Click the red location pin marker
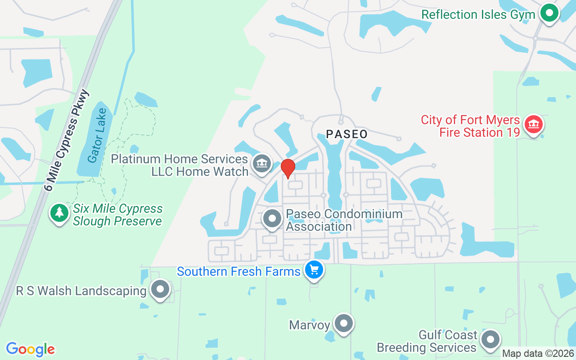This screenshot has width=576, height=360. tap(288, 168)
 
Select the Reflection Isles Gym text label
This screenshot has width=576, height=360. tap(478, 14)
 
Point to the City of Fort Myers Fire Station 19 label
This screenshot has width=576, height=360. tap(470, 126)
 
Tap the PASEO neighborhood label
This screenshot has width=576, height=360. tap(346, 134)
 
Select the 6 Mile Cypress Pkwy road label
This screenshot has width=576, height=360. tap(68, 139)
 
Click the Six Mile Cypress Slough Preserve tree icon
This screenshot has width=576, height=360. tap(59, 212)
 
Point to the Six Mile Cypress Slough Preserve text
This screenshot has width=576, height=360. tap(117, 215)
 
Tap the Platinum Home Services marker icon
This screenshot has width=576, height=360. tap(261, 163)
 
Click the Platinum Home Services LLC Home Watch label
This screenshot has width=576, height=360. tap(180, 165)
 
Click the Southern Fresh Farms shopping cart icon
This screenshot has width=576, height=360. tap(314, 270)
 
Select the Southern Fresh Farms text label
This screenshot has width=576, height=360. tap(238, 272)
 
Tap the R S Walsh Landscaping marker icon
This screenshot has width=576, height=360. tap(160, 289)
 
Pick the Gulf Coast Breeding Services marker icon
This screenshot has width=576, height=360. tap(490, 340)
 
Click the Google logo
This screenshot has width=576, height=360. tap(30, 349)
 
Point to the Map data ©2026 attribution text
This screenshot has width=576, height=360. tap(538, 354)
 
